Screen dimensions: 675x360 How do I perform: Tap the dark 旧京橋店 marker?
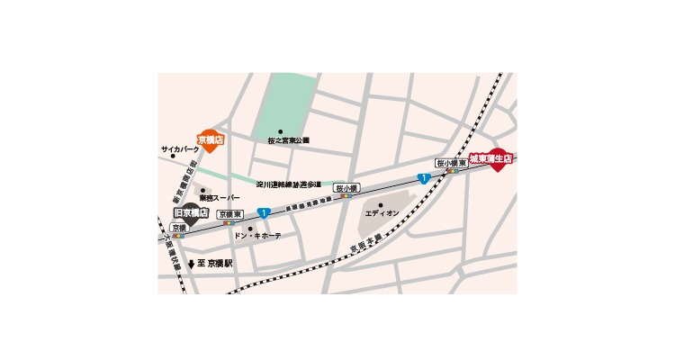(x=191, y=214)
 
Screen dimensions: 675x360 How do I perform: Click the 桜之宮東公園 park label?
(x=288, y=141)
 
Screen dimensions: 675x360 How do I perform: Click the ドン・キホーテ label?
(x=257, y=236)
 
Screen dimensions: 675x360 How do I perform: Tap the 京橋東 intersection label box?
(x=230, y=213)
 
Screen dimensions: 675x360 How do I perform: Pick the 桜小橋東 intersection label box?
(x=451, y=163)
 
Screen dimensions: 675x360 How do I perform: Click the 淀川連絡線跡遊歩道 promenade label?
(x=289, y=184)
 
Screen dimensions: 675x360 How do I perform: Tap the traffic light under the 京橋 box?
(x=178, y=236)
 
